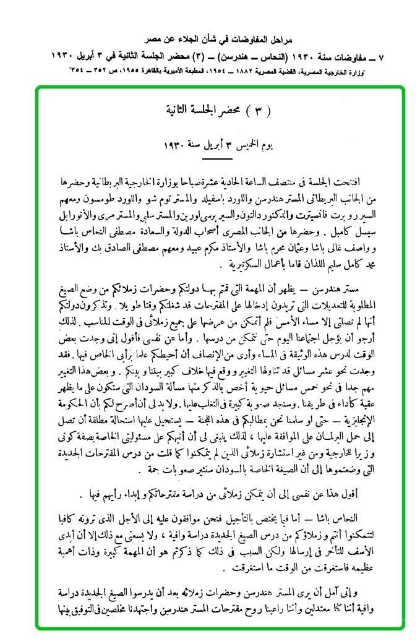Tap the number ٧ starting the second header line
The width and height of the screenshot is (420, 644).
tap(380, 56)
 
